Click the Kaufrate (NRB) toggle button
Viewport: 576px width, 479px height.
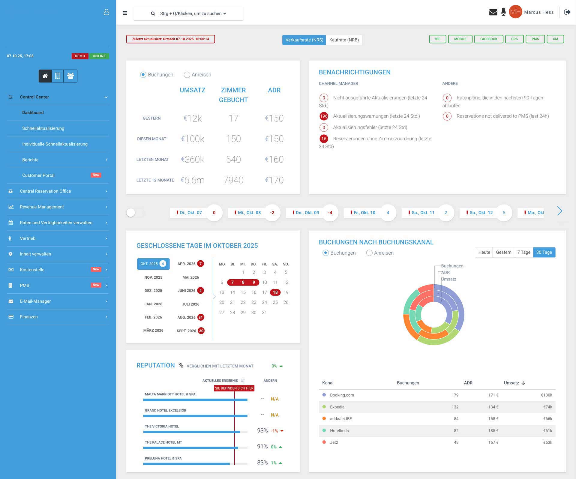(344, 40)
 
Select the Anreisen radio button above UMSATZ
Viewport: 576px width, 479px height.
(187, 75)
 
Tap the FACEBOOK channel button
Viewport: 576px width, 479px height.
(488, 39)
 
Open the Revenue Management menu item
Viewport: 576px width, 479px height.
(42, 207)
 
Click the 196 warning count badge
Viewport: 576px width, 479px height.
(324, 116)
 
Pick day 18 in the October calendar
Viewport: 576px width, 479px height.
(275, 292)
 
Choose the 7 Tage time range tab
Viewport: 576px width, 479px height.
(523, 252)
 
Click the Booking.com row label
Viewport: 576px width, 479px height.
(342, 395)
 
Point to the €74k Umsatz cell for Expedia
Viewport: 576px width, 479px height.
(547, 407)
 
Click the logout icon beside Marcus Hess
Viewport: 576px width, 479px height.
(567, 12)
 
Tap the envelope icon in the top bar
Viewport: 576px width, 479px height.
(493, 12)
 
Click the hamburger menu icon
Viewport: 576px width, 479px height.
(125, 13)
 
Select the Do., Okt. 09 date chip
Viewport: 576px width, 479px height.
(307, 213)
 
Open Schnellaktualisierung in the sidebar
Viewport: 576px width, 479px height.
(43, 128)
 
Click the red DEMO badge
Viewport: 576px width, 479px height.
(80, 56)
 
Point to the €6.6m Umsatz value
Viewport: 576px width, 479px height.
(192, 180)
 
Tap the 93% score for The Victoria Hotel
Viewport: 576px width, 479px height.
(262, 431)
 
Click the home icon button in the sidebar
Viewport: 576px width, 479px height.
(45, 76)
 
